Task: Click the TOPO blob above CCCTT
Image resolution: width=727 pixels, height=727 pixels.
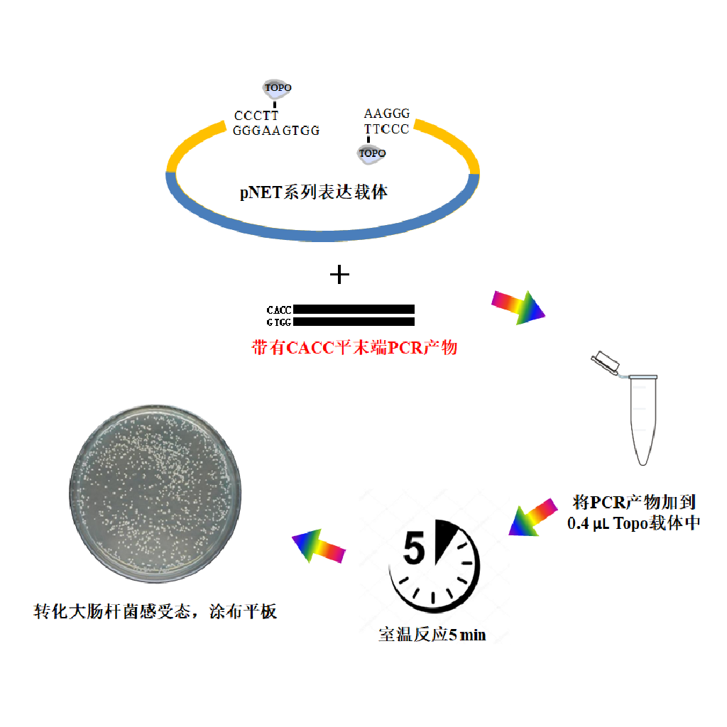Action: click(x=278, y=88)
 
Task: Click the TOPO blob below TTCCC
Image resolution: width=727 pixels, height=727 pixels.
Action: click(x=372, y=153)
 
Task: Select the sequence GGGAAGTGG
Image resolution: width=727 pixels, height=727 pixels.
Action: click(x=276, y=131)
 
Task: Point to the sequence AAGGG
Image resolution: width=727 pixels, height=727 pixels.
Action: click(x=387, y=114)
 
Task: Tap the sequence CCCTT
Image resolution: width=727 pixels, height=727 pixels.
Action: click(x=256, y=116)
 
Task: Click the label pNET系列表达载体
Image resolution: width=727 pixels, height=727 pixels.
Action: click(x=313, y=192)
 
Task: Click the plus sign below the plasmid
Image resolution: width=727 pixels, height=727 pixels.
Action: click(x=339, y=275)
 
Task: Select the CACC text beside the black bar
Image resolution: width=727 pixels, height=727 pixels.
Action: click(x=278, y=310)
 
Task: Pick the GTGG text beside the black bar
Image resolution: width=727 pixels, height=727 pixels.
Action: click(x=278, y=322)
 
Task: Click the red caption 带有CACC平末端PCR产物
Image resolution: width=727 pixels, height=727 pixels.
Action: click(x=355, y=347)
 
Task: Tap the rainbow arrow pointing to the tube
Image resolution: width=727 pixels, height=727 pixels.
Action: click(x=518, y=307)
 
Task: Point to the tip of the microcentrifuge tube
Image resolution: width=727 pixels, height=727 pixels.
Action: click(x=643, y=464)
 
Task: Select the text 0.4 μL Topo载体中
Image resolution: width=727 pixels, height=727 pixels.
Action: click(x=633, y=523)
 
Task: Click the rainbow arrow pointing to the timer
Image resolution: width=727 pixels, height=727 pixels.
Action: click(x=533, y=518)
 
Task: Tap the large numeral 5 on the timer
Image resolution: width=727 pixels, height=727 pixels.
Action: click(x=414, y=548)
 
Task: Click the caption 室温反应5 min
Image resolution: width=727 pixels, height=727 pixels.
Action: click(x=432, y=634)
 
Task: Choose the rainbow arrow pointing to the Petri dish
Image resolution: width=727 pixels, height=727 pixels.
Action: click(x=319, y=546)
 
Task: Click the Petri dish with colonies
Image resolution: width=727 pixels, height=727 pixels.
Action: click(x=155, y=493)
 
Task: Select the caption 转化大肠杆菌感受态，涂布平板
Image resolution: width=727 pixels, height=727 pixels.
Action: click(x=155, y=611)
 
